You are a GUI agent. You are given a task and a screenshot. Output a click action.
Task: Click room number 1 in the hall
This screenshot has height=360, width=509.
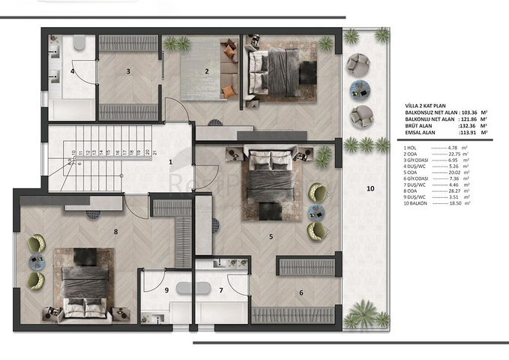[170, 161]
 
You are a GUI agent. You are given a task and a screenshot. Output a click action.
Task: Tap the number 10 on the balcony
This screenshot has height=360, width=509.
[370, 187]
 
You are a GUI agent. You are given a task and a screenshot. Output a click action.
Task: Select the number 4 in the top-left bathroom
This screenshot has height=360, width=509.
[73, 72]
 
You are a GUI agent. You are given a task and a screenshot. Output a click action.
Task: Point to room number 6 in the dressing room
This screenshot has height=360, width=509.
[301, 292]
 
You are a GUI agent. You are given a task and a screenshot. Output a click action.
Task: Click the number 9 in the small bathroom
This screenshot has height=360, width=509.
[166, 289]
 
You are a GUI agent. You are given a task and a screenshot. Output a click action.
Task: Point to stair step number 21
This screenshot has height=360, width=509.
[154, 152]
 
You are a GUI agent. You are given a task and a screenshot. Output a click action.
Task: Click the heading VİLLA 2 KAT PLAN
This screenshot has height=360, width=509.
[427, 106]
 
